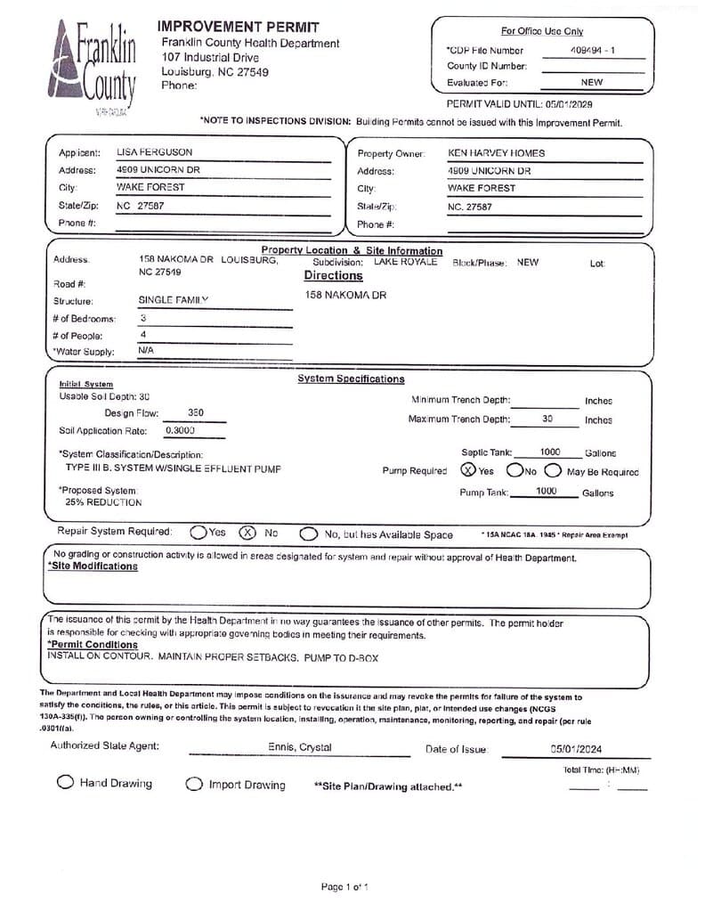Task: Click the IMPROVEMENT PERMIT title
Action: [x=238, y=28]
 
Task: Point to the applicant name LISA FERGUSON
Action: [x=154, y=152]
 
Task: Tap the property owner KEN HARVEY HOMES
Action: [x=496, y=152]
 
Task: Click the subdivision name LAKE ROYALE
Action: [x=406, y=263]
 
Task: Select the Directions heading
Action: [x=334, y=276]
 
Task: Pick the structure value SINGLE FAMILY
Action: [x=173, y=301]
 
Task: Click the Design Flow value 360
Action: [x=197, y=413]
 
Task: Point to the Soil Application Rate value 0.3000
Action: [x=180, y=430]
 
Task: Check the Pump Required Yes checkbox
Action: [x=467, y=470]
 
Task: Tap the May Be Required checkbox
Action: [x=553, y=470]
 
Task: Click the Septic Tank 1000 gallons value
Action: [x=550, y=452]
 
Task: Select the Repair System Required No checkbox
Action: [x=247, y=533]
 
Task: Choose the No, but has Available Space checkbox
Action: [x=308, y=534]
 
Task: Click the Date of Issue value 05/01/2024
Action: [x=576, y=749]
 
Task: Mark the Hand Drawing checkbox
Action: [x=65, y=783]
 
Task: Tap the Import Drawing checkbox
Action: [x=194, y=785]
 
